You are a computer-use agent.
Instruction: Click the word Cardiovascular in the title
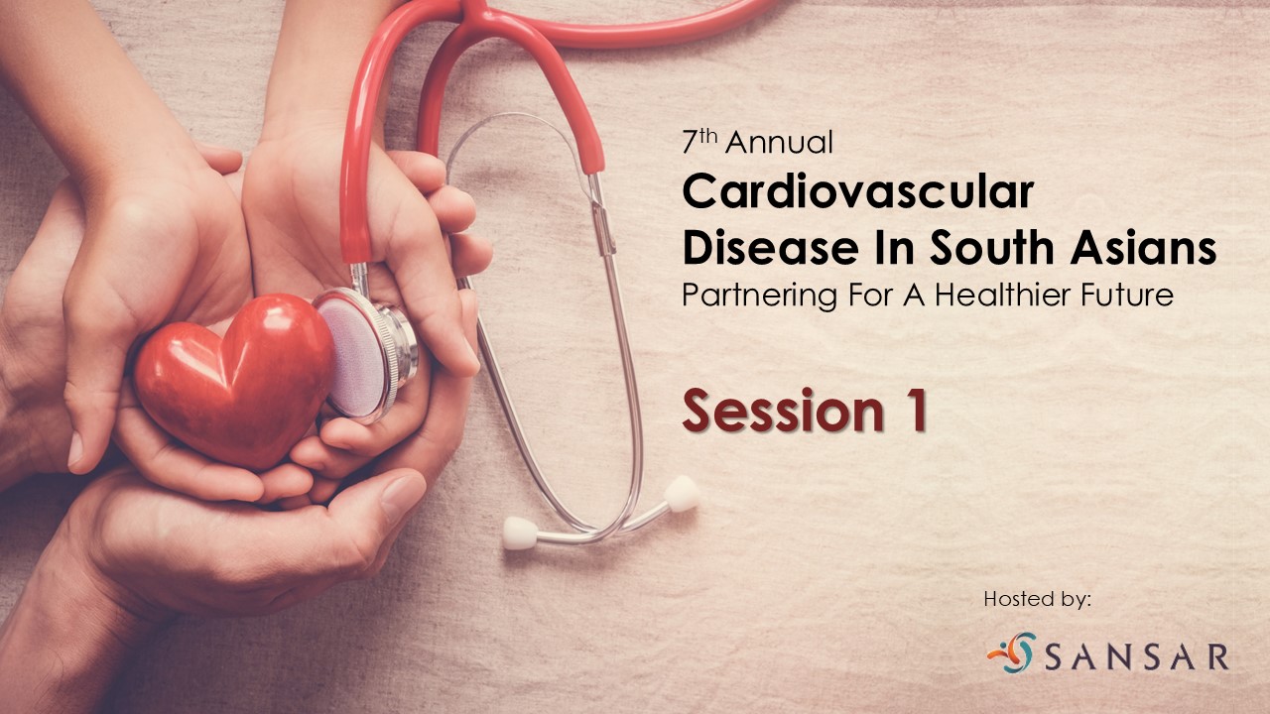[x=858, y=192]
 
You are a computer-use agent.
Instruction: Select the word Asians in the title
[x=1143, y=247]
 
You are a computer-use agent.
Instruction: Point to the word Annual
[x=779, y=142]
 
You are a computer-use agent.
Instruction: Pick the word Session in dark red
[x=783, y=411]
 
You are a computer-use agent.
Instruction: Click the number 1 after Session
[x=915, y=410]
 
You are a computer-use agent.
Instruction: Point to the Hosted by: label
[x=1037, y=599]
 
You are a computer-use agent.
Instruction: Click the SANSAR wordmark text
[x=1136, y=656]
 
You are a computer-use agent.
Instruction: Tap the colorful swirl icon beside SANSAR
[x=1013, y=653]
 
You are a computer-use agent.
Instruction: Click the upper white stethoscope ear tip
[x=681, y=494]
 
